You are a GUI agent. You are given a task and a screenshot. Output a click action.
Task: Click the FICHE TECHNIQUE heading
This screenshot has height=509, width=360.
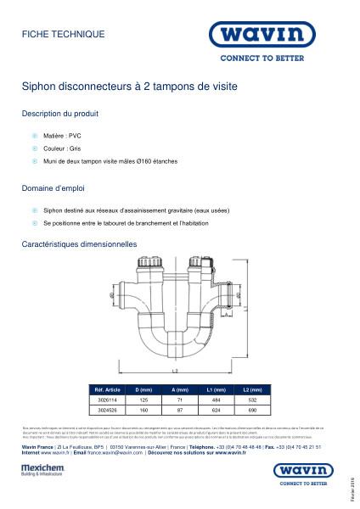[x=63, y=34]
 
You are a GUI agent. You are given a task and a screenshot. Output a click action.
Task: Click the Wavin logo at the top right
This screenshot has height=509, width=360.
[x=267, y=36]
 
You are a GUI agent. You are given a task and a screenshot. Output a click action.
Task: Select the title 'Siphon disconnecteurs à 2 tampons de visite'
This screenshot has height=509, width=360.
[x=129, y=87]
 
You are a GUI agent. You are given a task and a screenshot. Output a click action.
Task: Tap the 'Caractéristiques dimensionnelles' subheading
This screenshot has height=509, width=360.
[x=79, y=243]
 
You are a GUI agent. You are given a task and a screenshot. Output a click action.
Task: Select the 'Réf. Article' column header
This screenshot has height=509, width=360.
[x=104, y=389]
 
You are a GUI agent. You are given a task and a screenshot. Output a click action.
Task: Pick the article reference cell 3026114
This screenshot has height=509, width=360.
[x=103, y=398]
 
